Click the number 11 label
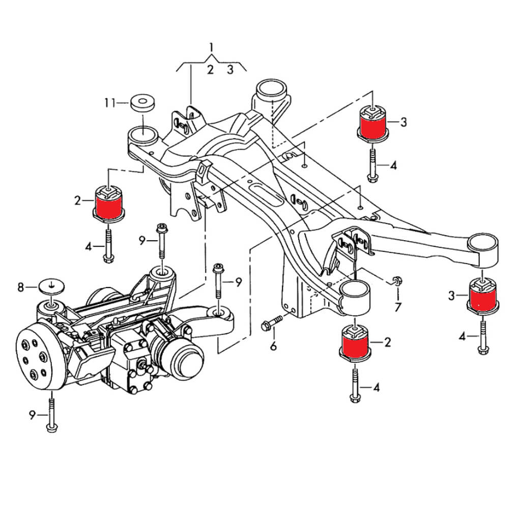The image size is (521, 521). click(x=109, y=103)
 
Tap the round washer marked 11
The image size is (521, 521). click(x=143, y=102)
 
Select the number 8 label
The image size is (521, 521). click(x=21, y=288)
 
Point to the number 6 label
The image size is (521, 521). click(x=273, y=347)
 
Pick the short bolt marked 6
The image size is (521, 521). click(x=271, y=323)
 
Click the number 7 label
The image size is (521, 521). click(x=398, y=307)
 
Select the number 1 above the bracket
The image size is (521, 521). click(x=211, y=48)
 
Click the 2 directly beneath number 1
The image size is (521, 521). click(x=210, y=70)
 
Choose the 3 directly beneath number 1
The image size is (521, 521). click(x=230, y=70)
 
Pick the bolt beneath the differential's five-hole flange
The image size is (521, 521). click(x=51, y=414)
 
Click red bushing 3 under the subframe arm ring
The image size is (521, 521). click(x=483, y=298)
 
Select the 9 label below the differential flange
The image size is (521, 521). click(x=32, y=416)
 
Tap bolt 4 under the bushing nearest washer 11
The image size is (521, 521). click(x=108, y=246)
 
